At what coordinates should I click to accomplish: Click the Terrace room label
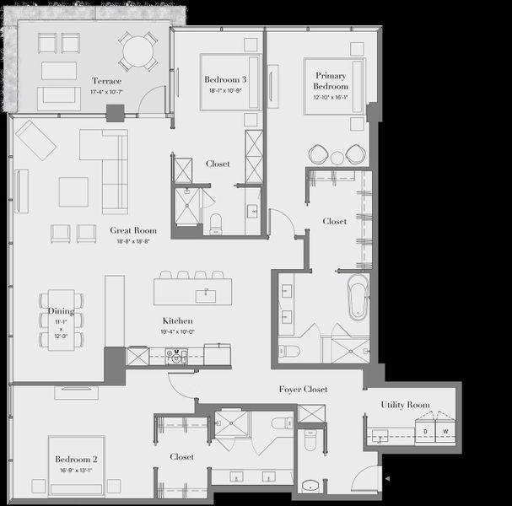click(x=107, y=81)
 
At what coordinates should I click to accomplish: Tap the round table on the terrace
click(x=137, y=52)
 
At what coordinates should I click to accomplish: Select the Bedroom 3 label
click(x=224, y=80)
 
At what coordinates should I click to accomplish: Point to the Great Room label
click(x=133, y=230)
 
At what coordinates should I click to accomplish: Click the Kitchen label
click(x=178, y=321)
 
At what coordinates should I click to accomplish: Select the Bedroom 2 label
click(x=77, y=460)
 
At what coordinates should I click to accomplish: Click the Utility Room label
click(x=406, y=405)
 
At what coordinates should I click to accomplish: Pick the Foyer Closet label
click(x=304, y=389)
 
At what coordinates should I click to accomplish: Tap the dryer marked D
click(x=426, y=432)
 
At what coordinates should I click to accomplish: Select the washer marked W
click(x=446, y=432)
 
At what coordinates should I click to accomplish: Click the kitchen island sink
click(x=203, y=295)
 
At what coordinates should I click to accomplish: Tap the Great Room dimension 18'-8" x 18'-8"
click(x=133, y=240)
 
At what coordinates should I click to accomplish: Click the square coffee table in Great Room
click(x=73, y=191)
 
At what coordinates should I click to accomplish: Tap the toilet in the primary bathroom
click(x=289, y=350)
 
